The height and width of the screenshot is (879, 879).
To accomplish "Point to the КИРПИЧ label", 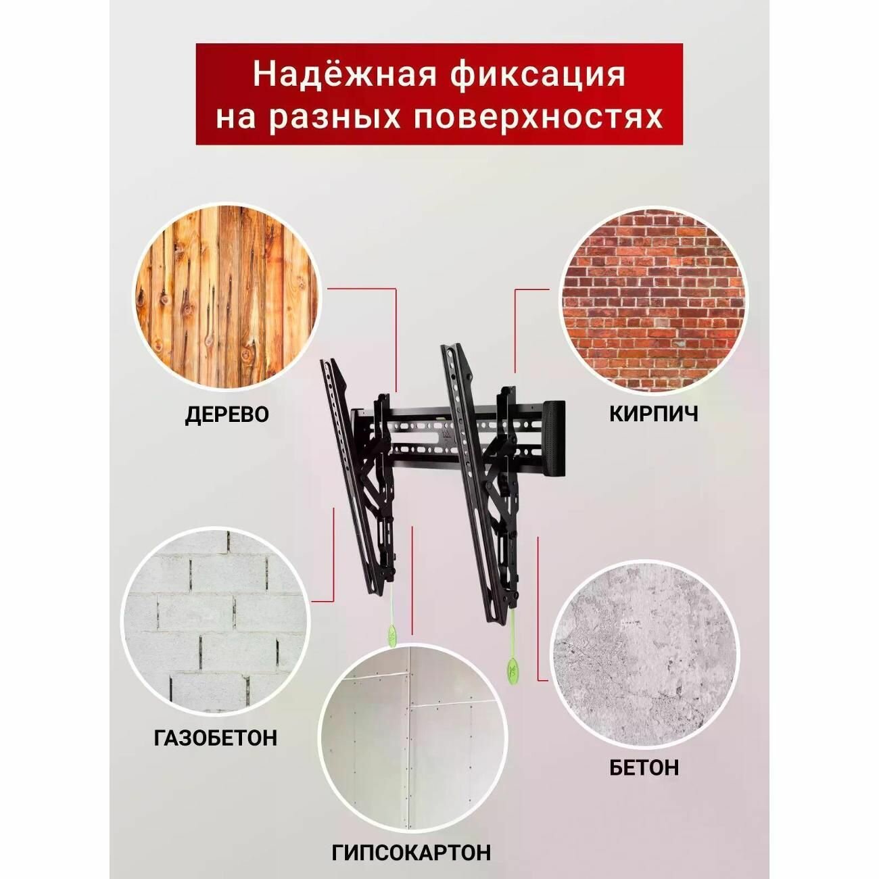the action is [654, 414].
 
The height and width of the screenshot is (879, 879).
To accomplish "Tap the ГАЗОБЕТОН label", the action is [216, 737].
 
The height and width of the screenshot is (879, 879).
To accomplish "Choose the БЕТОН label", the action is [644, 767].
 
